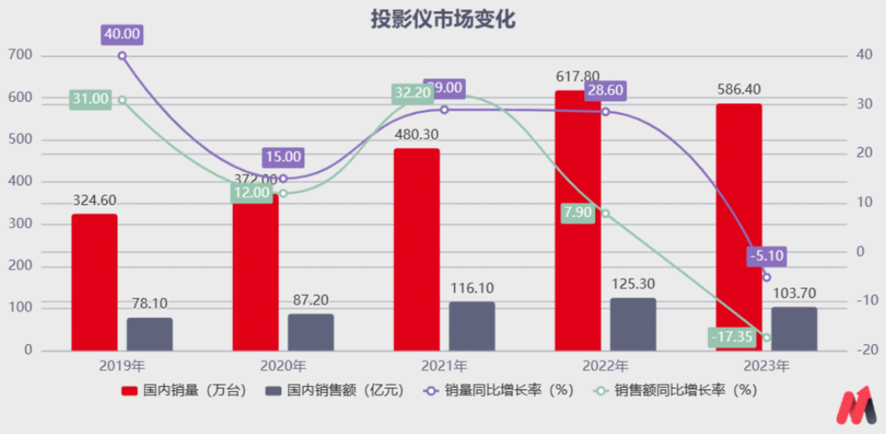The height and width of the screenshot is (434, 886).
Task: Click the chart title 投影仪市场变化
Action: [443, 19]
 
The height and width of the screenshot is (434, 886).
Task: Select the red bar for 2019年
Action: [94, 283]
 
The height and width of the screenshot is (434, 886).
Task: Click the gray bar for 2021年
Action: [472, 326]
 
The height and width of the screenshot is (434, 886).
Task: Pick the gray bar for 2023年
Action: [794, 329]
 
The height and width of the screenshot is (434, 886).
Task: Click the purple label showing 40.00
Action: [122, 34]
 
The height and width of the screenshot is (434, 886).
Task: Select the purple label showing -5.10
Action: [767, 256]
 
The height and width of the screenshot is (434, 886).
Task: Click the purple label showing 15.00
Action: [282, 156]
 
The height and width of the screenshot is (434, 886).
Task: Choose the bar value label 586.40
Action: [738, 88]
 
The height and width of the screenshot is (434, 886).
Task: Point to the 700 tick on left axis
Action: [21, 56]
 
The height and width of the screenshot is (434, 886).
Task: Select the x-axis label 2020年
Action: [283, 367]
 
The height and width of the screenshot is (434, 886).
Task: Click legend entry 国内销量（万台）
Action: [184, 390]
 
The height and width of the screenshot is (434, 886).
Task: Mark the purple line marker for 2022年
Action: [605, 112]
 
